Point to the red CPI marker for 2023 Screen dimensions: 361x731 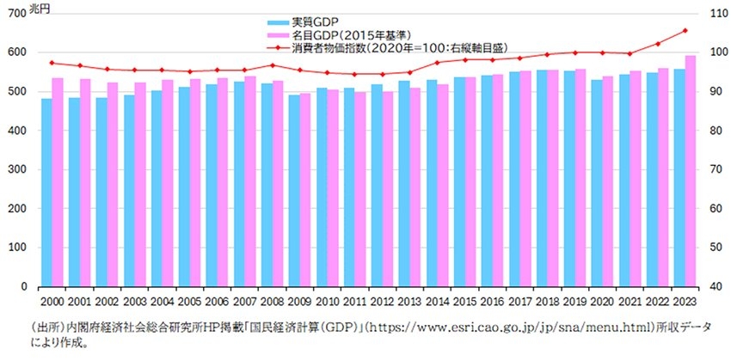coord(685,30)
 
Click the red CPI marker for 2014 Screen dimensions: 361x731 coord(437,62)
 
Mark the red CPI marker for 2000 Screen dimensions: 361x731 coord(52,63)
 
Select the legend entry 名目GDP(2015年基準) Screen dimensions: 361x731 coord(343,34)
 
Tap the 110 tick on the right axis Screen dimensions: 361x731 coord(716,13)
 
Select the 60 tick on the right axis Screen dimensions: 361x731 coord(713,209)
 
